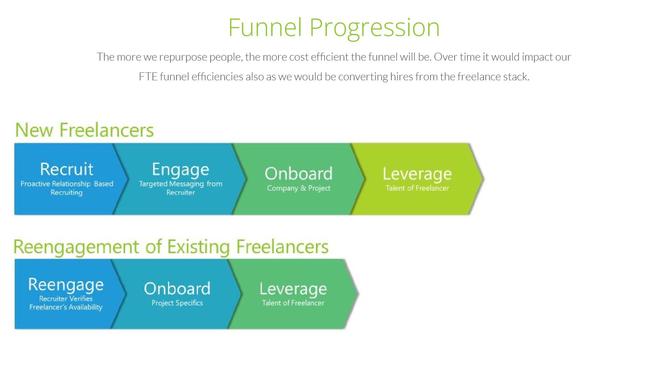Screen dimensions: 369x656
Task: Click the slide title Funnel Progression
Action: click(x=334, y=27)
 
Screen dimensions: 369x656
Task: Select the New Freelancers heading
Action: click(x=84, y=130)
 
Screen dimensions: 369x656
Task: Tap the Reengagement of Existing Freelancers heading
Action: click(x=171, y=247)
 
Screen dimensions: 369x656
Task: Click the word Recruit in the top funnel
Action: click(x=67, y=169)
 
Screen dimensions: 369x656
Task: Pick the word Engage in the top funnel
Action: click(x=180, y=170)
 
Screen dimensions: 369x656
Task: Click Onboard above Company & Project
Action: click(x=298, y=174)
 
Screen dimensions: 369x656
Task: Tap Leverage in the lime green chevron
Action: click(x=417, y=174)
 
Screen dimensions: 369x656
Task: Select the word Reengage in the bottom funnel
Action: click(x=66, y=285)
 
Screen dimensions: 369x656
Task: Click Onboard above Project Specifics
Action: click(x=177, y=289)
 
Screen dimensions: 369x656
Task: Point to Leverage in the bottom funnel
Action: click(x=293, y=289)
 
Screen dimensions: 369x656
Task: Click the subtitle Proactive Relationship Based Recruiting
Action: click(x=67, y=188)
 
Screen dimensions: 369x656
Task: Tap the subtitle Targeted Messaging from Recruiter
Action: click(x=180, y=188)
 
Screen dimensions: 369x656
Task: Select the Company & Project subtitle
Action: click(x=299, y=188)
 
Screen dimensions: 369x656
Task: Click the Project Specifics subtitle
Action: click(x=177, y=303)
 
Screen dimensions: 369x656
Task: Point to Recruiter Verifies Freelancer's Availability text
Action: click(x=66, y=303)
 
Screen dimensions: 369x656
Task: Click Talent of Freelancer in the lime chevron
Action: click(x=417, y=188)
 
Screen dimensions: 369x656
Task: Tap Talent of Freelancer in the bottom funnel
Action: click(x=293, y=303)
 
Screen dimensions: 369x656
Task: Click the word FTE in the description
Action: click(x=148, y=77)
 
